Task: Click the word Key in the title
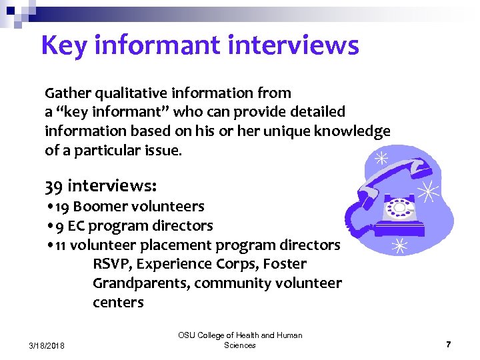tap(64, 45)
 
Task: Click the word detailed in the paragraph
tap(318, 112)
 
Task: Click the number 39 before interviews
tap(55, 184)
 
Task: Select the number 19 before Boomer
tap(62, 207)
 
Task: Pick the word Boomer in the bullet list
tap(99, 207)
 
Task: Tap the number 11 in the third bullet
tap(60, 245)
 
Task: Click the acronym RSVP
tap(110, 265)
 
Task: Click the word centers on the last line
tap(118, 303)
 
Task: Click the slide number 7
tap(449, 345)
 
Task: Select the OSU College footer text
tap(240, 340)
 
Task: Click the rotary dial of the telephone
tap(400, 207)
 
